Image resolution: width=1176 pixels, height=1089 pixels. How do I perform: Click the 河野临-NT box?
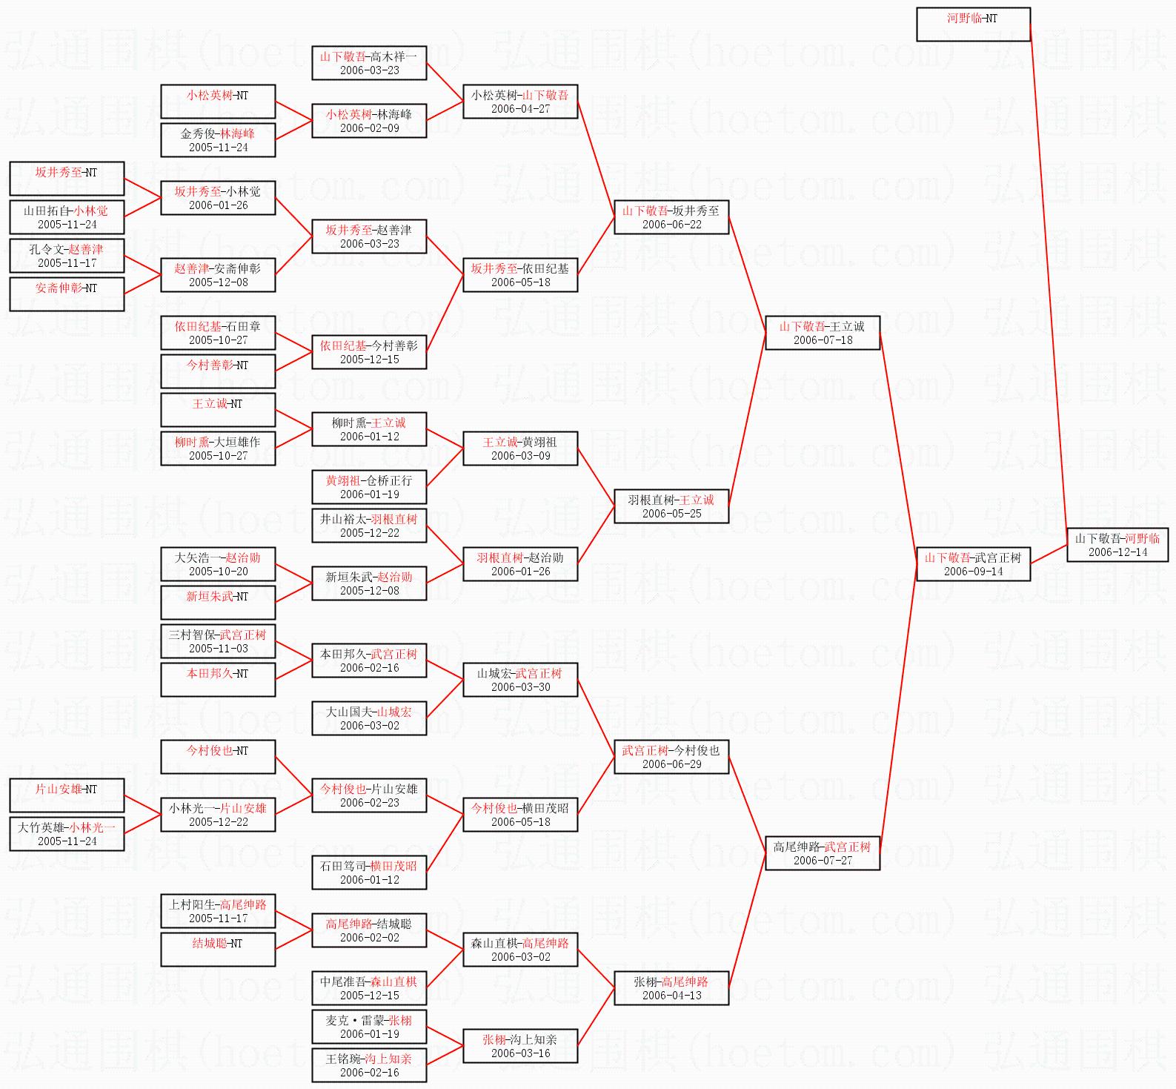(x=973, y=24)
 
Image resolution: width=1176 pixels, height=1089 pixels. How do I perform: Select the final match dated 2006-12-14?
(x=1117, y=545)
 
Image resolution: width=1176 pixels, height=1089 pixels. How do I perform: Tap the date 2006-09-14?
(x=973, y=572)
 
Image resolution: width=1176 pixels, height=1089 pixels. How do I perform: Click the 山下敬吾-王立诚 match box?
(x=822, y=333)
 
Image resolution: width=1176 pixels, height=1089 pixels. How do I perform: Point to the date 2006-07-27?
(x=823, y=861)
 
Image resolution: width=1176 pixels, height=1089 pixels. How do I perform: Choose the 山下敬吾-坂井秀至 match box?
(x=671, y=217)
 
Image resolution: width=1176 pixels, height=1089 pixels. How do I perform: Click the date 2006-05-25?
(x=671, y=514)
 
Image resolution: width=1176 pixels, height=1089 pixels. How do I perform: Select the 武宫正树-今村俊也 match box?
(x=671, y=757)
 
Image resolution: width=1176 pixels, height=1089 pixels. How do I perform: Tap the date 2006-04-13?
(x=671, y=996)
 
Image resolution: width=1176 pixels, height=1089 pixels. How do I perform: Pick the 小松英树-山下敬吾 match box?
(x=520, y=102)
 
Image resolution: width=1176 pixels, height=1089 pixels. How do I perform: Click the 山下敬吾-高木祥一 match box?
(x=369, y=63)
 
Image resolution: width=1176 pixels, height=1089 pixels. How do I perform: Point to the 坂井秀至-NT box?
(x=67, y=179)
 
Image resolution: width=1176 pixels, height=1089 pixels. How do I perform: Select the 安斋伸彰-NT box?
(x=67, y=294)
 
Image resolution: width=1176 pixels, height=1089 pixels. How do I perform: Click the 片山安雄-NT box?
(x=67, y=795)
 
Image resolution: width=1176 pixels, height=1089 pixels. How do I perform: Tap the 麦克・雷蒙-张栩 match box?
(x=369, y=1027)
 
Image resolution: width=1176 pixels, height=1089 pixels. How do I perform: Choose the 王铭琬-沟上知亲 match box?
(x=369, y=1065)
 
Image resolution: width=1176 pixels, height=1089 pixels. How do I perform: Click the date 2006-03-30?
(x=520, y=687)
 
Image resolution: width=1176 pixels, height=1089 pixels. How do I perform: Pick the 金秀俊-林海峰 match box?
(x=218, y=140)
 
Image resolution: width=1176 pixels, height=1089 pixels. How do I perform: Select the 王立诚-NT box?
(x=218, y=410)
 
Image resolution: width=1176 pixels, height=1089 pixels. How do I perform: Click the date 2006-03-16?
(x=520, y=1053)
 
